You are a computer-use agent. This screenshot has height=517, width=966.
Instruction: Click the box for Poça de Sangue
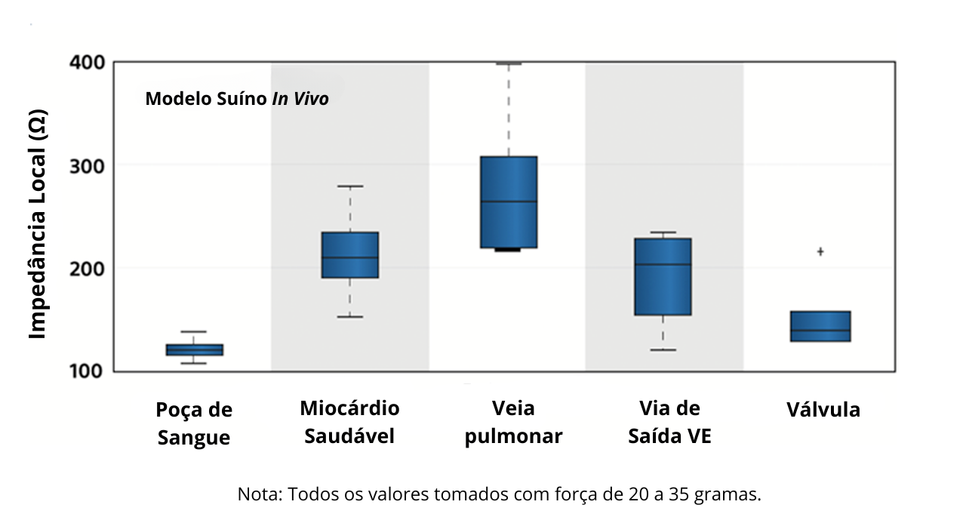(x=195, y=349)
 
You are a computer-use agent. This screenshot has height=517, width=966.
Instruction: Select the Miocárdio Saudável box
(x=349, y=255)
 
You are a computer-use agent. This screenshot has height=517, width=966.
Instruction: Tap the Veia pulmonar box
(x=509, y=202)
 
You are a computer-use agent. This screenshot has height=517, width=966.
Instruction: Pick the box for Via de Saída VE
(x=663, y=277)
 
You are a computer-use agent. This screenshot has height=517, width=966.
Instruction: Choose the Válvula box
(x=820, y=326)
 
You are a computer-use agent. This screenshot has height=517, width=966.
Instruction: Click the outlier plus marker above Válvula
(x=820, y=251)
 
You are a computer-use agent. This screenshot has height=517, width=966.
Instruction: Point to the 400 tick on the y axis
(x=87, y=62)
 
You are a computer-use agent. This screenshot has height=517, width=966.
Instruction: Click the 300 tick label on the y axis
(x=87, y=165)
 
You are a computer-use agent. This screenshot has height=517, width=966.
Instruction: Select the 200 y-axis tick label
(x=87, y=268)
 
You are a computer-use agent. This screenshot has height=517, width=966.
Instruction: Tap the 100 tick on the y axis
(x=87, y=371)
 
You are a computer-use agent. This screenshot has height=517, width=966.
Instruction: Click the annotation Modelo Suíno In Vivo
(x=237, y=99)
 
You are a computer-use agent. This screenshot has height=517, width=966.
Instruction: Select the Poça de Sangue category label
(x=194, y=424)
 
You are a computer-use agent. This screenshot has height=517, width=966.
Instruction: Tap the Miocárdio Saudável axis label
(x=349, y=423)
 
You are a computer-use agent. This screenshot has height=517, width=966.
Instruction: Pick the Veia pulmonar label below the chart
(x=513, y=423)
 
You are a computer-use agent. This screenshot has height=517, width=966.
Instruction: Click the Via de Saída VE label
(x=669, y=423)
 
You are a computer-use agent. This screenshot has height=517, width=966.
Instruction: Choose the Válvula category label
(x=823, y=410)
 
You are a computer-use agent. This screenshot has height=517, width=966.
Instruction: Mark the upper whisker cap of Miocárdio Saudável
(x=349, y=186)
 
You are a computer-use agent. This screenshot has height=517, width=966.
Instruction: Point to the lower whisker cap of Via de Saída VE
(x=663, y=350)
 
